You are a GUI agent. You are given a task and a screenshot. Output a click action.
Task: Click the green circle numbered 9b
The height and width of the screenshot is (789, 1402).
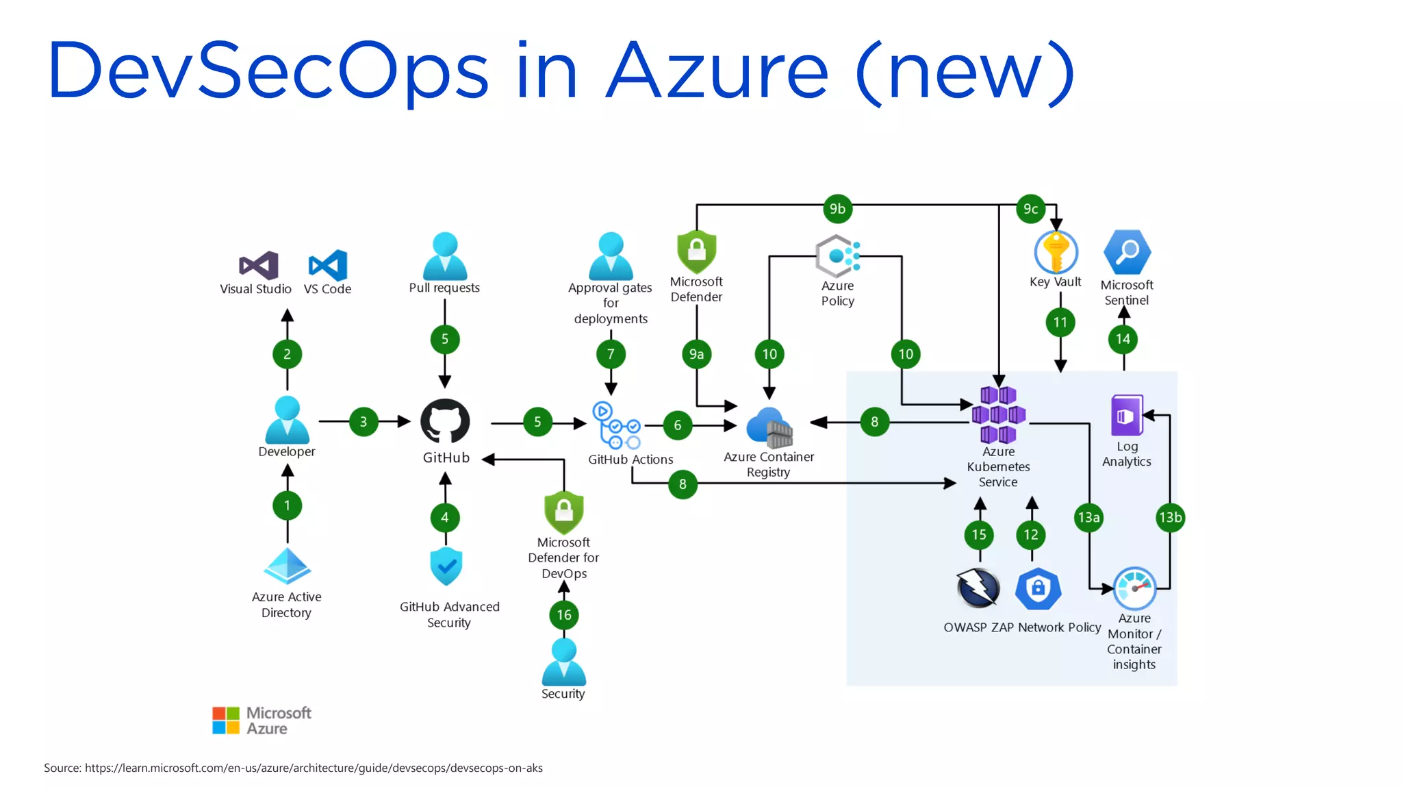click(x=837, y=209)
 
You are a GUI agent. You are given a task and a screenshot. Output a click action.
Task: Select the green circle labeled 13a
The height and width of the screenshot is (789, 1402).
click(x=1088, y=517)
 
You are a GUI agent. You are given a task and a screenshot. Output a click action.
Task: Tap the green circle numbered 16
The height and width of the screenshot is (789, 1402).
click(x=564, y=614)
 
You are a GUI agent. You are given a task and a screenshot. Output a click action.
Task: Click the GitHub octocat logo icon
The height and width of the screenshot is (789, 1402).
click(x=445, y=422)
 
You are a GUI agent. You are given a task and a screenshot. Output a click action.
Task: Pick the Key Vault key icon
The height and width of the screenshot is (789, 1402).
click(x=1056, y=252)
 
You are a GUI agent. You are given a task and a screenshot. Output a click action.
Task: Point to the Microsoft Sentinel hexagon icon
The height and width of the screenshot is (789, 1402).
click(x=1127, y=252)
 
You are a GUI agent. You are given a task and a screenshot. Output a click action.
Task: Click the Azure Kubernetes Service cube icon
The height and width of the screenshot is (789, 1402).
click(x=998, y=415)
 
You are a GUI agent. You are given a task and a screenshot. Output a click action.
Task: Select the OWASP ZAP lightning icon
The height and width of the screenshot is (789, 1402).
click(x=978, y=588)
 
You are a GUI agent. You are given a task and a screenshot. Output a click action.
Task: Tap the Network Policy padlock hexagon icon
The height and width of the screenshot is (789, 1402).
click(x=1038, y=588)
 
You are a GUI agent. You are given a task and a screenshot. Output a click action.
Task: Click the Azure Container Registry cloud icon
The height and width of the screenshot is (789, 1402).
click(x=769, y=427)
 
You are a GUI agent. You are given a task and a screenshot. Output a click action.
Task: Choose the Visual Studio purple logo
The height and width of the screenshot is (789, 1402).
click(x=259, y=266)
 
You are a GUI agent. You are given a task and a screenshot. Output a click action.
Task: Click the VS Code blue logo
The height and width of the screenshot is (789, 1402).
click(x=328, y=266)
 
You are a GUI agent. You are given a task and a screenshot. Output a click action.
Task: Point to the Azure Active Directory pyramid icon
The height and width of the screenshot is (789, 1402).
click(x=288, y=566)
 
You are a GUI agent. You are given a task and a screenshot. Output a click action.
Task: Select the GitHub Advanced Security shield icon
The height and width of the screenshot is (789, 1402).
click(x=446, y=566)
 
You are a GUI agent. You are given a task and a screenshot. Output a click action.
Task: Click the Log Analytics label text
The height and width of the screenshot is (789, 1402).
click(x=1127, y=454)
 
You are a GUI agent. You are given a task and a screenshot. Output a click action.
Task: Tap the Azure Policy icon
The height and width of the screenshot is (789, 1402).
click(x=837, y=256)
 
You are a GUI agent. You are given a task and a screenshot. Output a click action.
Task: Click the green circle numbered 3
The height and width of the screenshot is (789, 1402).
click(x=364, y=422)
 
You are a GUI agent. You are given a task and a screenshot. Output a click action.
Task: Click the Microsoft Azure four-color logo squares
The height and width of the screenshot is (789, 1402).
click(x=226, y=721)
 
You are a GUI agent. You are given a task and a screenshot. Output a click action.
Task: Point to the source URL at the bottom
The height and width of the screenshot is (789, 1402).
click(x=314, y=768)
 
